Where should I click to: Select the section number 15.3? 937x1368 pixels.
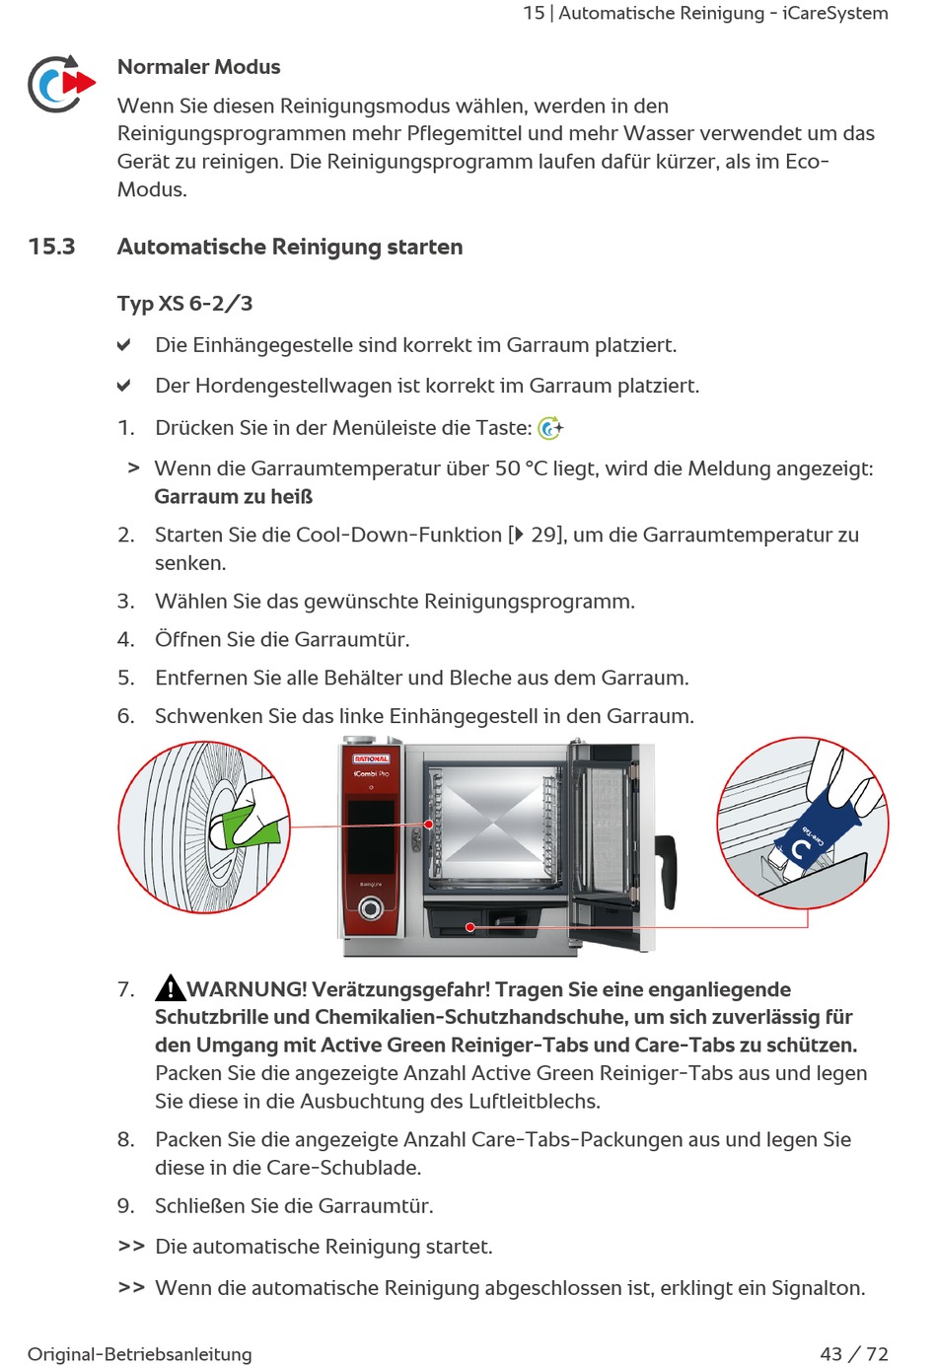tap(51, 247)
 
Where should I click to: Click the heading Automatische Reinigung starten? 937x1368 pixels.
tap(290, 247)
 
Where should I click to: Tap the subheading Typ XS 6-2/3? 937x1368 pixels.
tap(184, 304)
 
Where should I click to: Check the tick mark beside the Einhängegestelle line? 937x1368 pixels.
tap(124, 345)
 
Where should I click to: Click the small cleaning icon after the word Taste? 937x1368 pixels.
tap(550, 428)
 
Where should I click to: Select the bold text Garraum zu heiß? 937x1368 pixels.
tap(234, 497)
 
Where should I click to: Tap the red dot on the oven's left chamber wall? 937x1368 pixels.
tap(429, 824)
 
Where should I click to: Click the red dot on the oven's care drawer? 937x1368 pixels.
tap(470, 927)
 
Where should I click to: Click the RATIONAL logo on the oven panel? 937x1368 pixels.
tap(371, 758)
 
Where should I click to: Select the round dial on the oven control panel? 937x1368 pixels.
tap(371, 907)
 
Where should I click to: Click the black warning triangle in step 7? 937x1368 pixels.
tap(170, 988)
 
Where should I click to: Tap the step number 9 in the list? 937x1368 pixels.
tap(125, 1206)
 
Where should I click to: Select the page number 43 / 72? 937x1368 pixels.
tap(853, 1354)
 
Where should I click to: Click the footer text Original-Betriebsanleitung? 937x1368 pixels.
tap(140, 1354)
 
